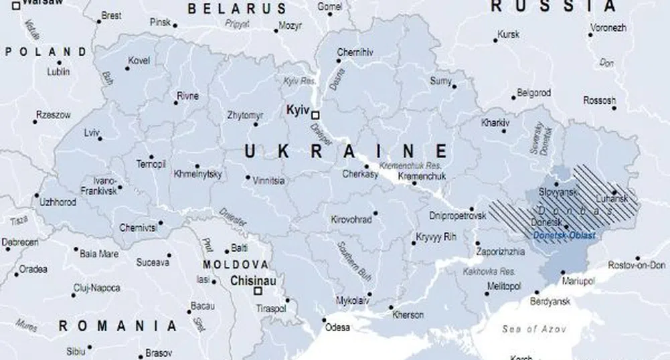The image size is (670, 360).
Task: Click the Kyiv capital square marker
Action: tap(315, 114)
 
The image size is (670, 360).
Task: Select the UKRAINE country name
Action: tap(346, 151)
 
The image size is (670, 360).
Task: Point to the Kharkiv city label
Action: tap(495, 123)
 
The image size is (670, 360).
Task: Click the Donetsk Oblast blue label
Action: tap(564, 235)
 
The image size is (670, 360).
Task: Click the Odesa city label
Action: tap(337, 328)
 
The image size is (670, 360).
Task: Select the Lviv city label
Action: tap(91, 132)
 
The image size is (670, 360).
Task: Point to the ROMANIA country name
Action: tap(118, 326)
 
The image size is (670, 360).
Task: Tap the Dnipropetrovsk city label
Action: tap(456, 215)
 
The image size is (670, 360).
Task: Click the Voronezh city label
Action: tap(608, 28)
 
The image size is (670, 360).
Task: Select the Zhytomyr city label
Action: tap(245, 115)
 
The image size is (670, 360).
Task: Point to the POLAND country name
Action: tap(46, 52)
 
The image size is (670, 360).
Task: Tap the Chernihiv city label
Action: tap(355, 52)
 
